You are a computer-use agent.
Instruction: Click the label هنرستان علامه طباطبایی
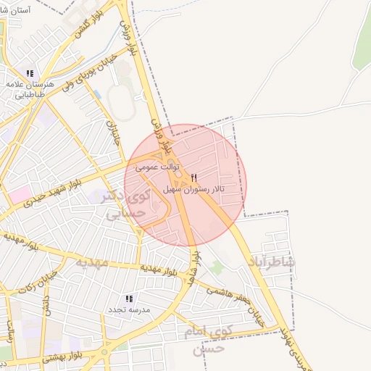point(30,89)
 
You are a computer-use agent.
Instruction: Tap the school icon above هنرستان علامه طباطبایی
point(30,74)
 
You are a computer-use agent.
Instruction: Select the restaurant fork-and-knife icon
point(193,178)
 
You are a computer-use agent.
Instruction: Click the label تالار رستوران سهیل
point(197,188)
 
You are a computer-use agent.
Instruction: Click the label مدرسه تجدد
point(129,310)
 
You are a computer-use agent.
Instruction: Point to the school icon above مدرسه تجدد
point(129,299)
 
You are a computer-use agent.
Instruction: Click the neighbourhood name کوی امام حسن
point(220,340)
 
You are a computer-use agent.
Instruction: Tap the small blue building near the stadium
point(96,95)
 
